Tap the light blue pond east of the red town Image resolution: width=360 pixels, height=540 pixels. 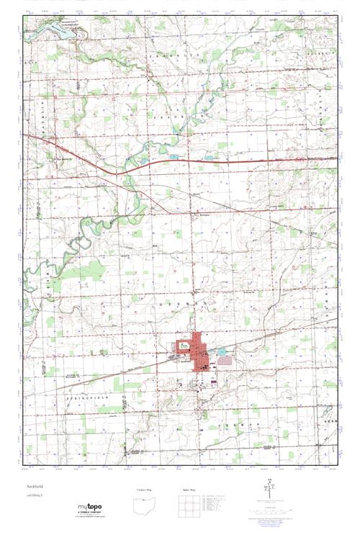coord(222,352)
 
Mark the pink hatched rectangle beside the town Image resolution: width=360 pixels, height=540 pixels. coord(225,360)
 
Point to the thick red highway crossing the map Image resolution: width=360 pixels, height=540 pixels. coord(238,161)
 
